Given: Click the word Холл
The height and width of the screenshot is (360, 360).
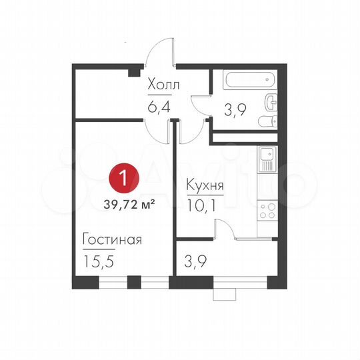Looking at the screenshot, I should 164,86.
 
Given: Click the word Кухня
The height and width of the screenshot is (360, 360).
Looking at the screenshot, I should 205,187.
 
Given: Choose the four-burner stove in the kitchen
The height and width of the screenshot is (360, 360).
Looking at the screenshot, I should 267,210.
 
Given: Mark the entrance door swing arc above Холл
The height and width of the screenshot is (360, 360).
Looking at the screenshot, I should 160,51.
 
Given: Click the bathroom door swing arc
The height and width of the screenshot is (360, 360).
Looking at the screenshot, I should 199,107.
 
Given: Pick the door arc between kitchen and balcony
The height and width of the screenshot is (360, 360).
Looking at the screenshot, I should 225,229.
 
